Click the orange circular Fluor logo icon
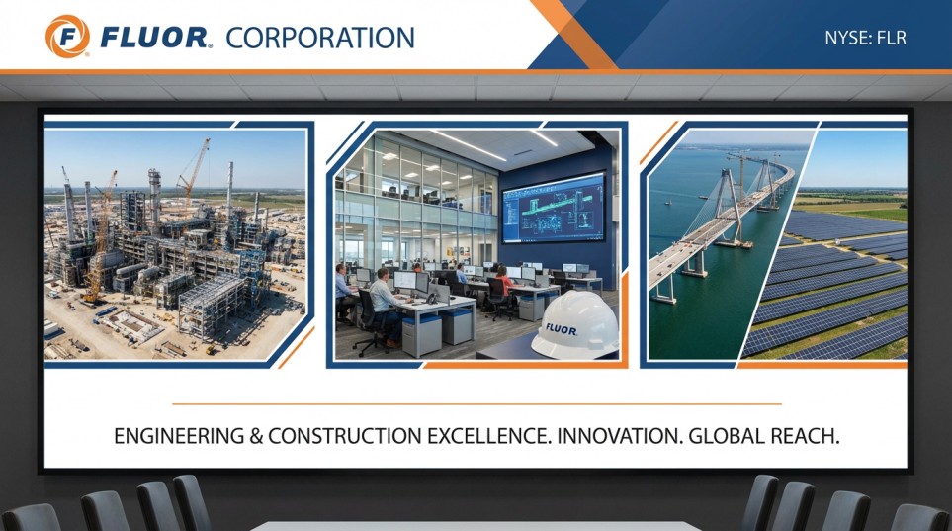67,37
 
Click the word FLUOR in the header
153,38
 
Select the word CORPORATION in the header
320,38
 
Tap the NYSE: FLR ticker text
865,38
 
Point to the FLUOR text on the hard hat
561,330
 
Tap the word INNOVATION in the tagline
619,436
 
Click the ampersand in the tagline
256,436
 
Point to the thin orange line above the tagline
476,403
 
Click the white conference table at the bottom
476,525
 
